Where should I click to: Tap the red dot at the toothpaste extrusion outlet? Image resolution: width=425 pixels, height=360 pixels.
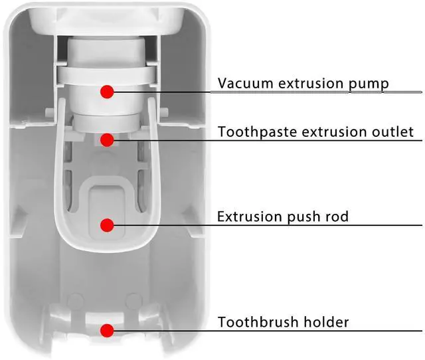click(106, 139)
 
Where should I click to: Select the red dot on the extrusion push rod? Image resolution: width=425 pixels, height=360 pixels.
click(106, 225)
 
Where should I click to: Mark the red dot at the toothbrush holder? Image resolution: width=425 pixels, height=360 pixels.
click(106, 330)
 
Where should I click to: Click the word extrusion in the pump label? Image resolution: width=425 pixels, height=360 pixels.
click(309, 84)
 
